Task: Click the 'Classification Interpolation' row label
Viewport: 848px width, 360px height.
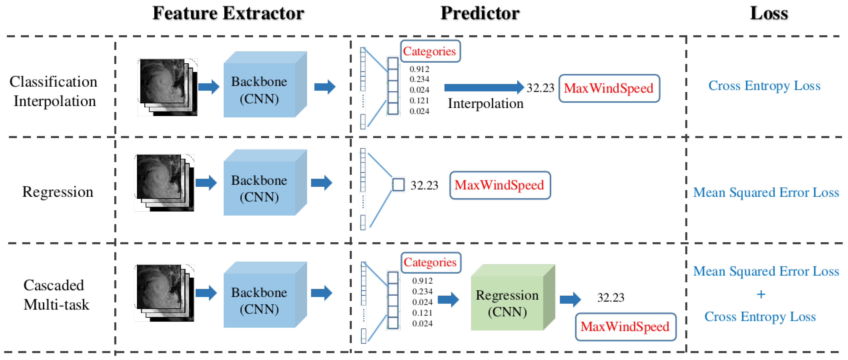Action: [54, 91]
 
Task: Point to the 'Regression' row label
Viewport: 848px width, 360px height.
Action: [58, 192]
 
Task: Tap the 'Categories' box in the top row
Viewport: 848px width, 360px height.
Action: [430, 51]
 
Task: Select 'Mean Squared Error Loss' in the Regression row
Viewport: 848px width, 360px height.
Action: [766, 192]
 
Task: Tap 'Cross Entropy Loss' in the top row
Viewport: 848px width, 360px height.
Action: [764, 86]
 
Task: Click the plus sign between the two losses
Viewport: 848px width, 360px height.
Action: [761, 294]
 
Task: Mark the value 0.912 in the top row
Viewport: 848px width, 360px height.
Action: [419, 69]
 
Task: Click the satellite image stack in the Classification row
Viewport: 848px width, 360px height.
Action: [167, 87]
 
